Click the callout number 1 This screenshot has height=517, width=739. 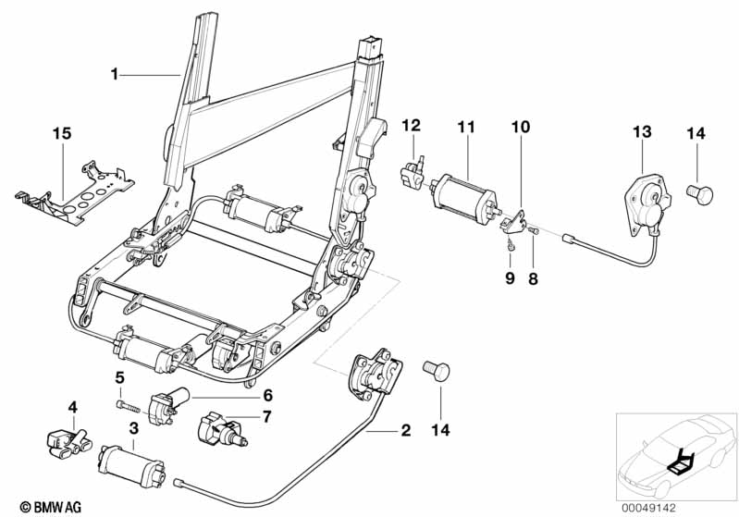(115, 74)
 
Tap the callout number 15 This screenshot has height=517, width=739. (61, 134)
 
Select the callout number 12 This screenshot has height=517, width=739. (412, 125)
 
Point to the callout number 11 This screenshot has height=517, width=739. (464, 125)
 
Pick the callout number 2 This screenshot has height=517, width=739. (404, 431)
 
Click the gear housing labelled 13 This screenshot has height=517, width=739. (642, 201)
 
